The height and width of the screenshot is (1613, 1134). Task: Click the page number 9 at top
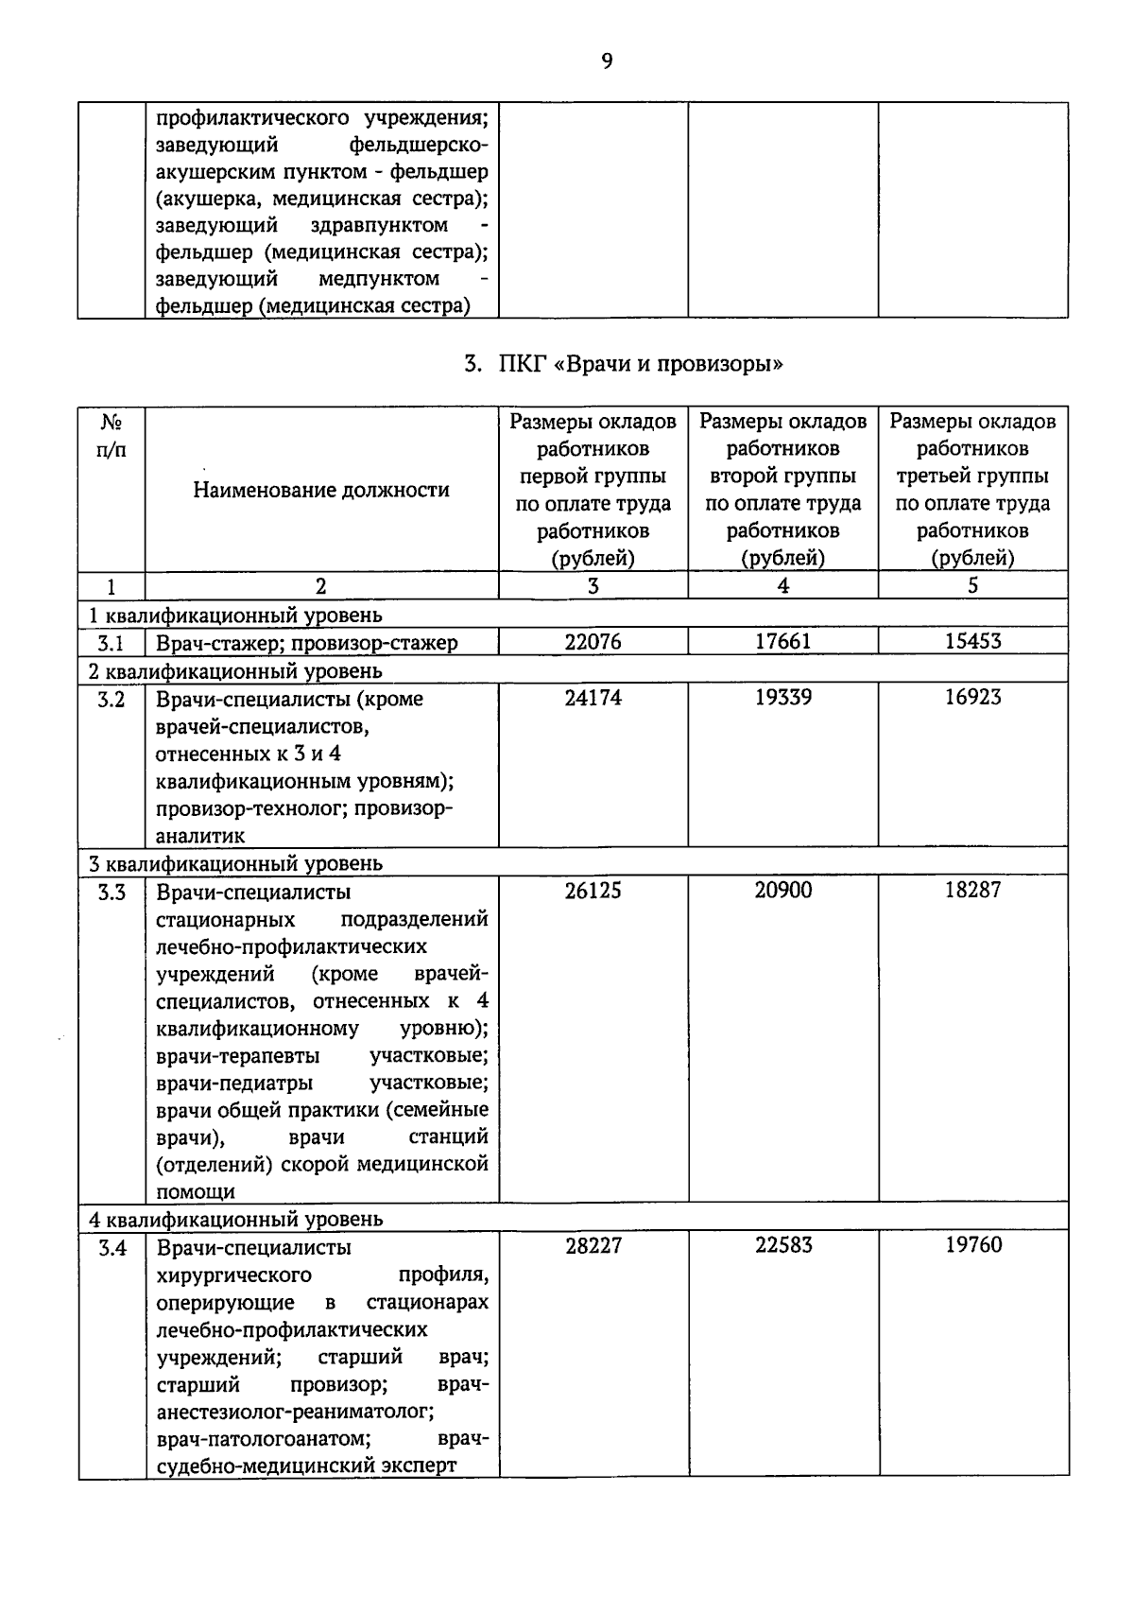point(607,61)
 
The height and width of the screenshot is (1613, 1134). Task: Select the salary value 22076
point(593,641)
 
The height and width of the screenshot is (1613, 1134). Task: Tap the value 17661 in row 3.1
point(782,641)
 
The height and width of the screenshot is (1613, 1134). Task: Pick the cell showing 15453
point(972,641)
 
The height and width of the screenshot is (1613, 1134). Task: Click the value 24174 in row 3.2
point(593,697)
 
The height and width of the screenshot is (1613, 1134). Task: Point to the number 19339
point(782,697)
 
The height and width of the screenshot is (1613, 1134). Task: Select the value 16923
point(972,697)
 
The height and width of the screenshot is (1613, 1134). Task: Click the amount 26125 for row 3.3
point(593,890)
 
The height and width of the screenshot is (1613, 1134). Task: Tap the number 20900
point(782,890)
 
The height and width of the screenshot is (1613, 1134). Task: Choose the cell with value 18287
point(972,890)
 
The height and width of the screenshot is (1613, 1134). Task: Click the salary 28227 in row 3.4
point(593,1245)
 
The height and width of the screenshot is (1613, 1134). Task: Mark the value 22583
point(783,1245)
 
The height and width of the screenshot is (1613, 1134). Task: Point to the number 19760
point(973,1245)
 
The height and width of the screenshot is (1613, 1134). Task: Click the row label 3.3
point(112,892)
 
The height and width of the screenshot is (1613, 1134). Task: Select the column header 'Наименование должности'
point(321,490)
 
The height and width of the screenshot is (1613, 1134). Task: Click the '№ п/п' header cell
point(111,436)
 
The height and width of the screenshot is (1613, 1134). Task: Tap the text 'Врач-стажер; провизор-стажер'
point(307,643)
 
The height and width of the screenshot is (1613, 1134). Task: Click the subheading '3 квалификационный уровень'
point(235,863)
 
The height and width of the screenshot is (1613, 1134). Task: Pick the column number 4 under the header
point(782,585)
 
